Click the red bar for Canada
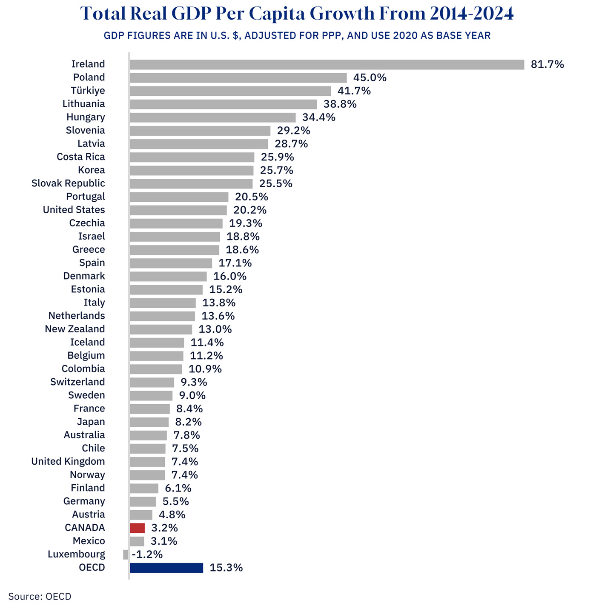tap(138, 528)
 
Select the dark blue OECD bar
tap(166, 568)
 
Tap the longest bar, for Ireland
tap(327, 64)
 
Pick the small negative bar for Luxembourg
tap(126, 554)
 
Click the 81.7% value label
tap(547, 64)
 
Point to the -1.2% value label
tap(147, 554)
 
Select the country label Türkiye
tap(88, 91)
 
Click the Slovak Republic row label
tap(68, 183)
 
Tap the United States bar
tap(178, 210)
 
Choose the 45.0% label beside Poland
tap(370, 77)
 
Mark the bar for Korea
tap(192, 170)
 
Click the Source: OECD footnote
tap(40, 596)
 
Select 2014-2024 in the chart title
tap(472, 14)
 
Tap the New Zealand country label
tap(75, 329)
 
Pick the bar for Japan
tap(149, 422)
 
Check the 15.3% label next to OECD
tap(226, 568)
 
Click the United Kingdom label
tap(68, 462)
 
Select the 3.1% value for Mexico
tap(164, 541)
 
